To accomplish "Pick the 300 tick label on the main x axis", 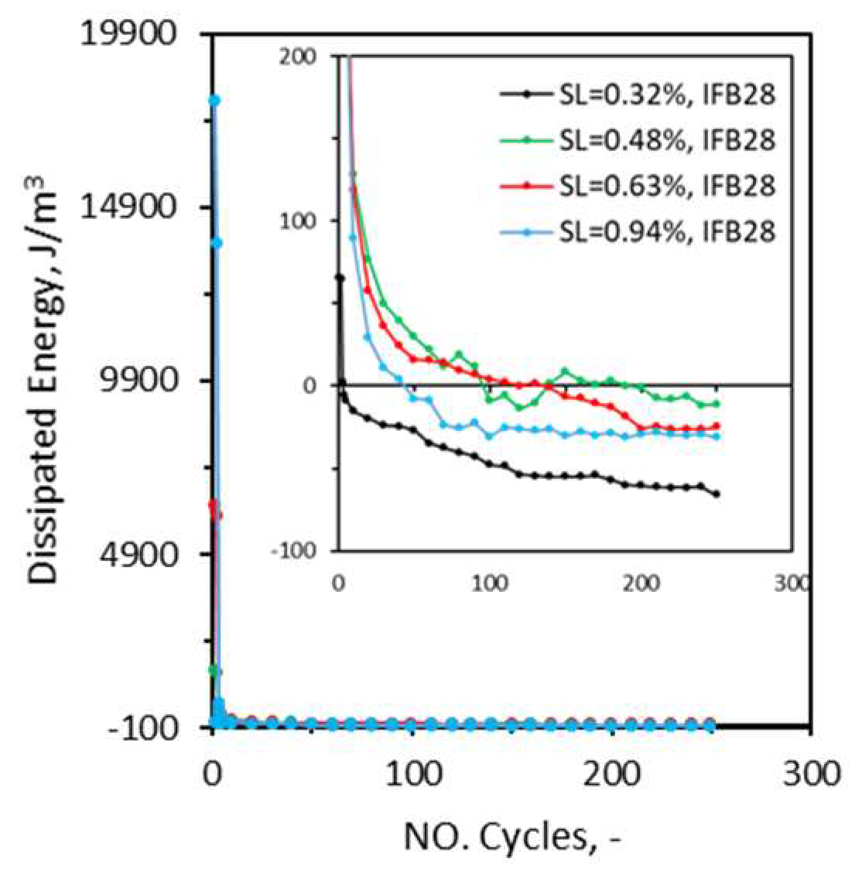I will tap(809, 774).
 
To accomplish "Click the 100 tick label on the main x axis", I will tap(412, 774).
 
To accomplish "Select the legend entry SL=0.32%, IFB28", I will tap(666, 94).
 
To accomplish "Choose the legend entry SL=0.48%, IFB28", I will tap(666, 140).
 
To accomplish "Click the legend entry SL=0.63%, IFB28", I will tap(666, 186).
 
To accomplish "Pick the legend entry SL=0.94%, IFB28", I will tap(666, 231).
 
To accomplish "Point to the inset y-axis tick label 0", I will tap(310, 386).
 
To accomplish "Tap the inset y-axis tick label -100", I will tap(295, 551).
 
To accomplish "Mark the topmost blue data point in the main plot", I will tap(214, 101).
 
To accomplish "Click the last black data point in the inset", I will tap(717, 494).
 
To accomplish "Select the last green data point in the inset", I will tap(717, 404).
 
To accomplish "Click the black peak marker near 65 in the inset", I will tap(340, 277).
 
